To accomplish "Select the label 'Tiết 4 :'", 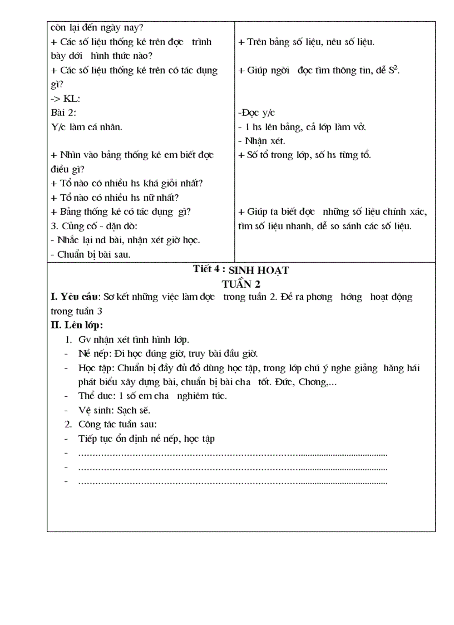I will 209,269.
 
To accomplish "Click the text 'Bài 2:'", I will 63,112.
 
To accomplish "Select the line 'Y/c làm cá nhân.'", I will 86,127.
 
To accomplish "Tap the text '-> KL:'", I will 66,99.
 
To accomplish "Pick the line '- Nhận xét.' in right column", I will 261,141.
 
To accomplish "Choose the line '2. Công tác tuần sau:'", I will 113,425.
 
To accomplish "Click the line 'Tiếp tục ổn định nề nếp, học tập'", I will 147,439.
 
